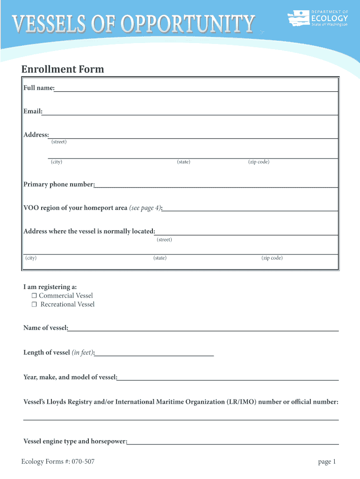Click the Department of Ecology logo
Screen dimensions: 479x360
point(318,19)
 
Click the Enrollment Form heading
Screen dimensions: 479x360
point(63,69)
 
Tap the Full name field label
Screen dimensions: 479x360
point(39,88)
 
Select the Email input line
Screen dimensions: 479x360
point(190,111)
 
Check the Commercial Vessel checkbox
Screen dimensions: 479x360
point(34,296)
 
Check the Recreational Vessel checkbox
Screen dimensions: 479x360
point(34,305)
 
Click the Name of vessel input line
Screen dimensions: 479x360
point(203,328)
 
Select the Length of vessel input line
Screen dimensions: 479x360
point(154,353)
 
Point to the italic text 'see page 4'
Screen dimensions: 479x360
point(145,208)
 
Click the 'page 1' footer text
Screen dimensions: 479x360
point(327,462)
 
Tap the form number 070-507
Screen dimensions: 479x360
point(84,462)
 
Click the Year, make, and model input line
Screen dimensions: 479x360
point(228,377)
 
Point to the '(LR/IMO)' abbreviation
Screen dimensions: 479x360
point(241,402)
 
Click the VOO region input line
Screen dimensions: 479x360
point(250,208)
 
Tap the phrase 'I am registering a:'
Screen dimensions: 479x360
point(50,287)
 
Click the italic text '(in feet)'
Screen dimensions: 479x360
point(83,353)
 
